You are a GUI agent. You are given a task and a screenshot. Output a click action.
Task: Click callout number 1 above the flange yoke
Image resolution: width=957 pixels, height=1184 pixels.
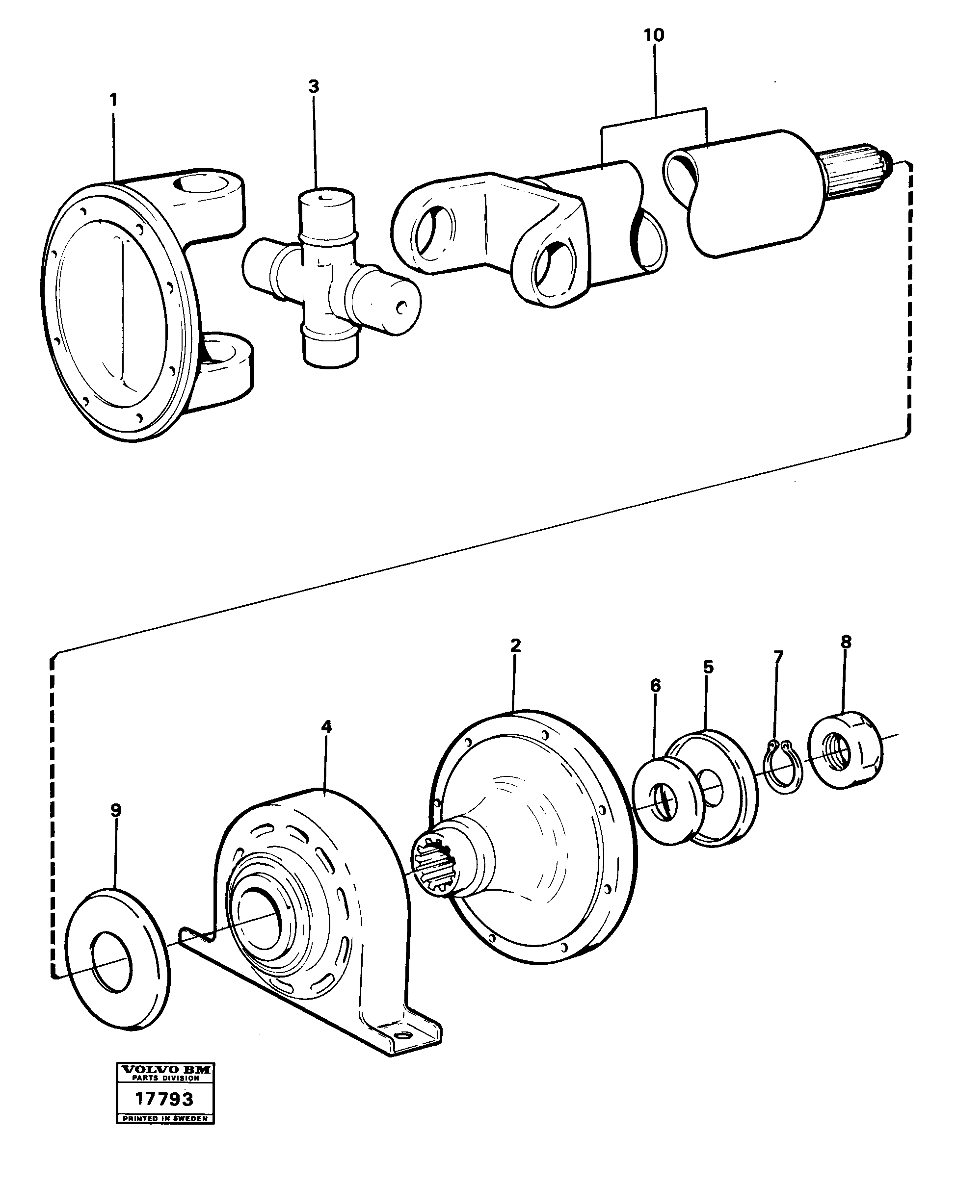tap(113, 101)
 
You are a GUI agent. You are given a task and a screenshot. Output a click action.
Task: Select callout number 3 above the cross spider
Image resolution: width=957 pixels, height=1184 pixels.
tap(313, 86)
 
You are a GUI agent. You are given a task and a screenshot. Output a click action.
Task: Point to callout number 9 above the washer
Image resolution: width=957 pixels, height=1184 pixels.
tap(116, 810)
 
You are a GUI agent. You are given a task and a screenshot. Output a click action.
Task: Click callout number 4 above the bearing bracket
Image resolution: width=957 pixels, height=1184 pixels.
tap(327, 727)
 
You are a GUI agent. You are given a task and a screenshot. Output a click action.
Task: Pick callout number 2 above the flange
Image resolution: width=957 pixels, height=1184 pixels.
tap(515, 645)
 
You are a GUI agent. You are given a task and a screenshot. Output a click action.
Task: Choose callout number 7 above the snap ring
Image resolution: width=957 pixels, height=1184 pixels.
tap(778, 657)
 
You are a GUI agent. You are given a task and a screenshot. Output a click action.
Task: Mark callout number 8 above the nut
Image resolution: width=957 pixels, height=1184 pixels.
tap(846, 642)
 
